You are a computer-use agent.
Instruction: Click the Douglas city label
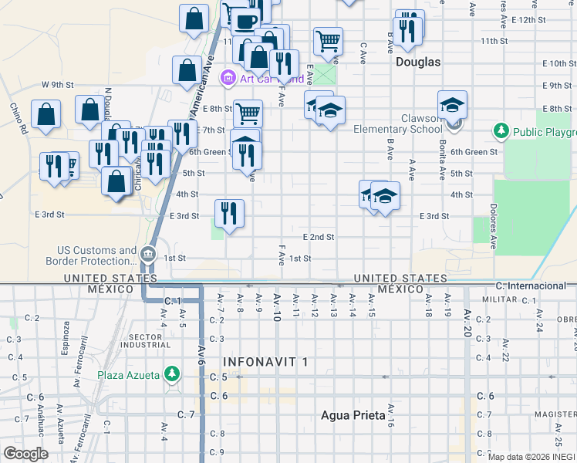coord(417,62)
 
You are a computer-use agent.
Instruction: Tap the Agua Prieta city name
coord(353,415)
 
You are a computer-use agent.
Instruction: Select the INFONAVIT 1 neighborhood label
coord(265,361)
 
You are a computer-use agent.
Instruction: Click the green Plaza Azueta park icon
coord(173,376)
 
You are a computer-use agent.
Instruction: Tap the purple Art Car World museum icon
coord(228,77)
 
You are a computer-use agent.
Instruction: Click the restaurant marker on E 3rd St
coord(229,213)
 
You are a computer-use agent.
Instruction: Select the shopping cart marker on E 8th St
coord(248,113)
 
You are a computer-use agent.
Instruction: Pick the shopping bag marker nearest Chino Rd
coord(47,113)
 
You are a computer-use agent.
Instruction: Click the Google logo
coord(25,454)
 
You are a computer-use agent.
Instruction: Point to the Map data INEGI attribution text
coord(531,457)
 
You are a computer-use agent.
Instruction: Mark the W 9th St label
coord(57,84)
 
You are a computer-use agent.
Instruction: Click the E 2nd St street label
coord(319,236)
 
